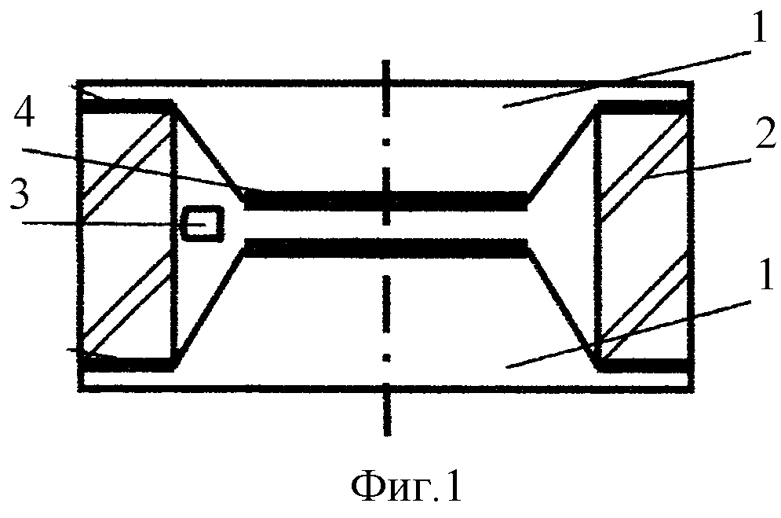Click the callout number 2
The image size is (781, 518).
tap(765, 133)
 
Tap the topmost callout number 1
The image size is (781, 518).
tap(760, 28)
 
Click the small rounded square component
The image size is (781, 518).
tap(203, 224)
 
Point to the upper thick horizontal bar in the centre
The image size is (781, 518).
tap(386, 200)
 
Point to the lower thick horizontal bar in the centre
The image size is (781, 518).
tap(386, 248)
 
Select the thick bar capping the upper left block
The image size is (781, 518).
tap(126, 106)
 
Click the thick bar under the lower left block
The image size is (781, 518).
tap(126, 364)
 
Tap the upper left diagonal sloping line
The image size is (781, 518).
tap(208, 152)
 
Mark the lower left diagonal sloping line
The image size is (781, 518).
tap(210, 306)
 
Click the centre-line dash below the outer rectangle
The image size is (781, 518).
tap(387, 413)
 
